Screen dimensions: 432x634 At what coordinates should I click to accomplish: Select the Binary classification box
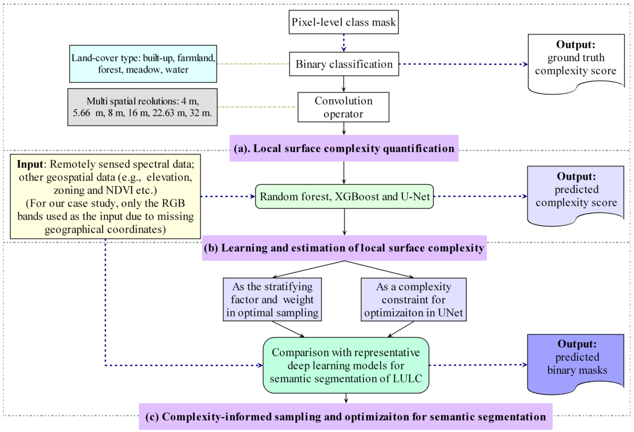tap(344, 64)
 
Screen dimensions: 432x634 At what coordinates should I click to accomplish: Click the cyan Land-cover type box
tap(143, 64)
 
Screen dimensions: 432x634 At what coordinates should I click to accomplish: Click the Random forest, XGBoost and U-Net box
tap(344, 196)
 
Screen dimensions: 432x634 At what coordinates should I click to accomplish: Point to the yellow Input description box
tap(105, 196)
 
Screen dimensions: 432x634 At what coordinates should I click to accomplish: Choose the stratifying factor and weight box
tap(272, 299)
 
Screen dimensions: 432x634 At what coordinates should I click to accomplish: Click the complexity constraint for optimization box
tap(414, 299)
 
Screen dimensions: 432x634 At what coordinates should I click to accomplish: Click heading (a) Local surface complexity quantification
tap(344, 148)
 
